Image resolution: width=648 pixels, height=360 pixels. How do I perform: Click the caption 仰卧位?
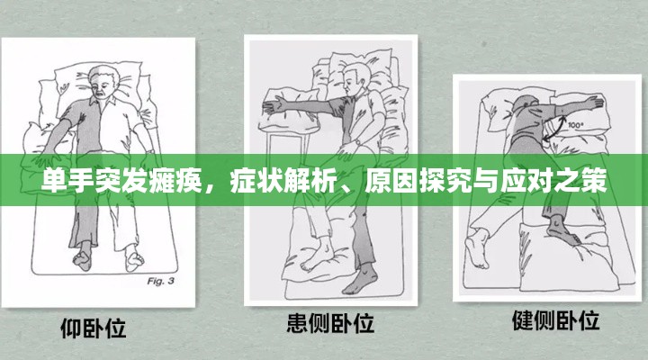point(94,328)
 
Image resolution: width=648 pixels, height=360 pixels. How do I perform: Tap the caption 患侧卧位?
point(330,323)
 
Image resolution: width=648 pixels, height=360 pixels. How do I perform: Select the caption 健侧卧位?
point(556,320)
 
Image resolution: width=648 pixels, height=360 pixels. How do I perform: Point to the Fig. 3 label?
point(161,282)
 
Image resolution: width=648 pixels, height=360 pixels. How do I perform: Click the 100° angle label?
point(575,125)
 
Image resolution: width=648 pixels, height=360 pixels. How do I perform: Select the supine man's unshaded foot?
point(133,258)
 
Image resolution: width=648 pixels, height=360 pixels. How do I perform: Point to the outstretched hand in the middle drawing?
point(274,106)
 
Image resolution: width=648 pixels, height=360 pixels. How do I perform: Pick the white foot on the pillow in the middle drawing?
point(317,254)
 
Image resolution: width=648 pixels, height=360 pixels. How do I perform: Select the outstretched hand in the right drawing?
point(593,102)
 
